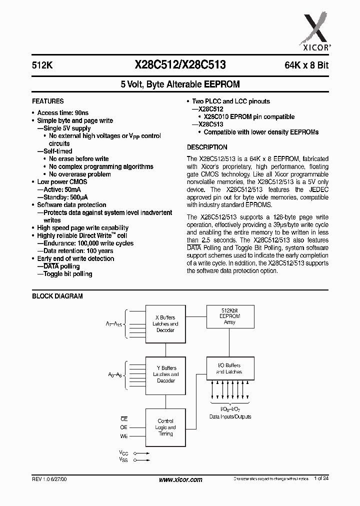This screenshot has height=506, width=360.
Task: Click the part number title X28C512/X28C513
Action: pos(180,64)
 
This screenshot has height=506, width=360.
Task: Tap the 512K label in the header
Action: pos(41,65)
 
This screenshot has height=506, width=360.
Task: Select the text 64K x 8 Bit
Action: pos(305,65)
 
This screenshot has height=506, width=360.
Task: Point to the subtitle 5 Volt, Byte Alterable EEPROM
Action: pos(180,85)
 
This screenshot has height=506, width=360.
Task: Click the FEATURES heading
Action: pos(48,101)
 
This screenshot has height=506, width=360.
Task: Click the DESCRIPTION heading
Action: pos(207,147)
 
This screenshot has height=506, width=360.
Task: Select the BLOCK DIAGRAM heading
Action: pos(57,296)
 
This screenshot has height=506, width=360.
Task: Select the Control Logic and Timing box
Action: pos(165,428)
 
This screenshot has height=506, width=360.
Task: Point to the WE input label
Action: pos(123,436)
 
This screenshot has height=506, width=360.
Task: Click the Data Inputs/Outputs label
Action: pos(230,416)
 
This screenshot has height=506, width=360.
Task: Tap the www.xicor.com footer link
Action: pos(180,479)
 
